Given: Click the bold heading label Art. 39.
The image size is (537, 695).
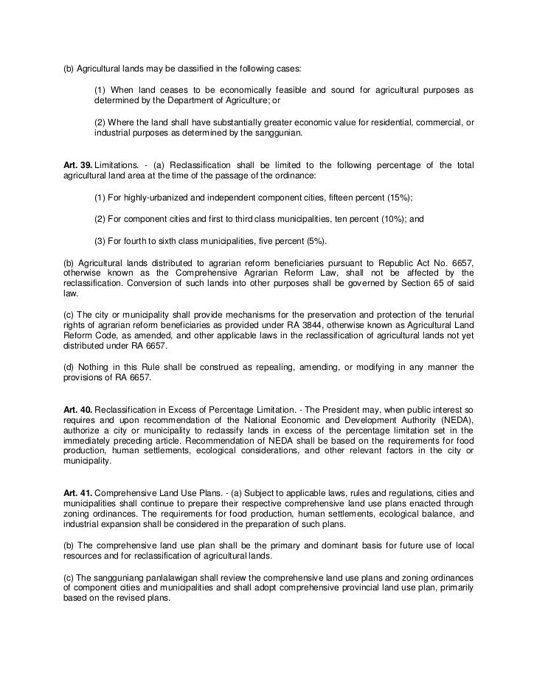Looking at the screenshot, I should click(x=76, y=164).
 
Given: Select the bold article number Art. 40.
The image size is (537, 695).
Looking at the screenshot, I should click(x=76, y=408).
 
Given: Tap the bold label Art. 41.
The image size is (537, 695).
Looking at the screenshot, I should click(x=76, y=491).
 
